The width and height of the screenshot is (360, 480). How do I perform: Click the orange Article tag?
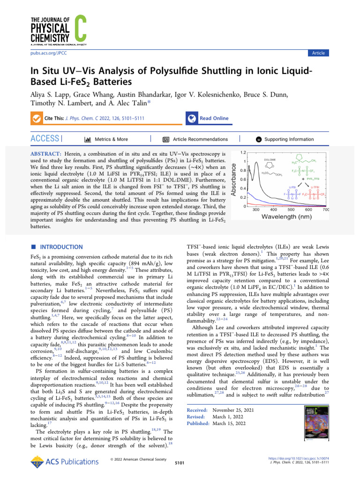coord(318,53)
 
